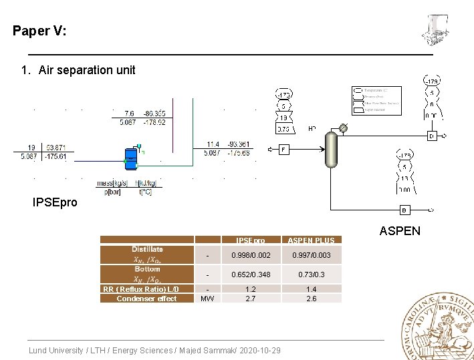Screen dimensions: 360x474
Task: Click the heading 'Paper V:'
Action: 39,31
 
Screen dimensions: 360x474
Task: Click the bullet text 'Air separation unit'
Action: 87,70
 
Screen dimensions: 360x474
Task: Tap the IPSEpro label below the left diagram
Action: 55,202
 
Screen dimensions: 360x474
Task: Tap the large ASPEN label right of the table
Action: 400,231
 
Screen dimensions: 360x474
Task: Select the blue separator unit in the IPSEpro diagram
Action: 131,158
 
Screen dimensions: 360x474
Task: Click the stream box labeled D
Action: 432,136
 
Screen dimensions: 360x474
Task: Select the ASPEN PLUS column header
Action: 311,240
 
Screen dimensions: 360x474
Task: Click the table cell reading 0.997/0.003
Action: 311,255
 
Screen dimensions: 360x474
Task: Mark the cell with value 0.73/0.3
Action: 311,275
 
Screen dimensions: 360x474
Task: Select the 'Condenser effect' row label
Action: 146,299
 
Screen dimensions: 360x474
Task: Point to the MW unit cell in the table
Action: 208,299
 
